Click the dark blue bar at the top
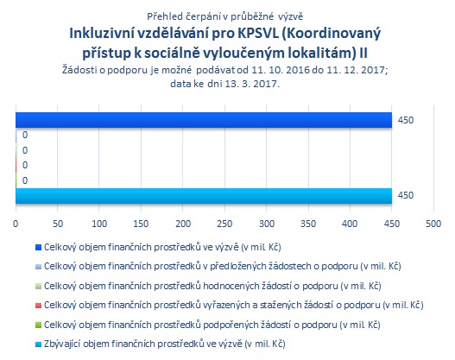coord(204,120)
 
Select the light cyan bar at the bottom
coord(204,196)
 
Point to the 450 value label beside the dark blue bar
coord(406,120)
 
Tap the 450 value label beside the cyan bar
coord(406,195)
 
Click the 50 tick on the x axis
coord(58,224)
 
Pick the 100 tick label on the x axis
coord(99,224)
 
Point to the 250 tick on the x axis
coord(224,224)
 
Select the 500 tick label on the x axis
coord(433,224)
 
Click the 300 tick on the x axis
coord(267,224)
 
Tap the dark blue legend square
coord(38,248)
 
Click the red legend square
coord(38,306)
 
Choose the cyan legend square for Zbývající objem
coord(38,344)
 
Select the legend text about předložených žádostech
coord(223,266)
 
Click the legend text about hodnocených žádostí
coord(212,286)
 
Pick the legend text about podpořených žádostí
coord(212,325)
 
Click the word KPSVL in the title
coord(258,34)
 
